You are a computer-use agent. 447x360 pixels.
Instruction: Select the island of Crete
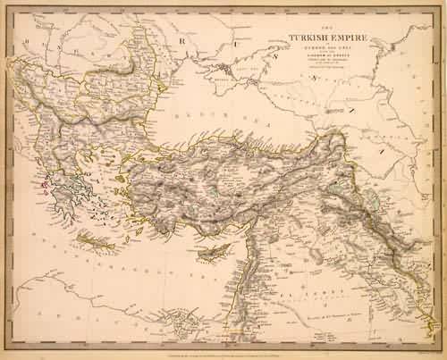(97, 240)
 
